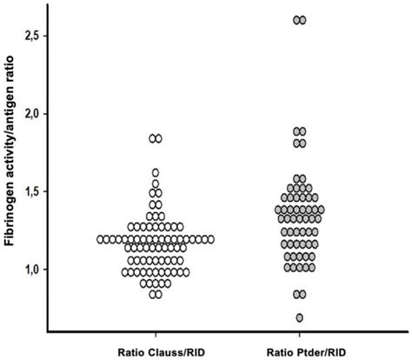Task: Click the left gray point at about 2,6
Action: [296, 20]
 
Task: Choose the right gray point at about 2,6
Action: [304, 20]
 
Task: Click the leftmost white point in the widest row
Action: [101, 238]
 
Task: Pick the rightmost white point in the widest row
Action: [210, 238]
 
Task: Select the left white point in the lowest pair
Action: [152, 294]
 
